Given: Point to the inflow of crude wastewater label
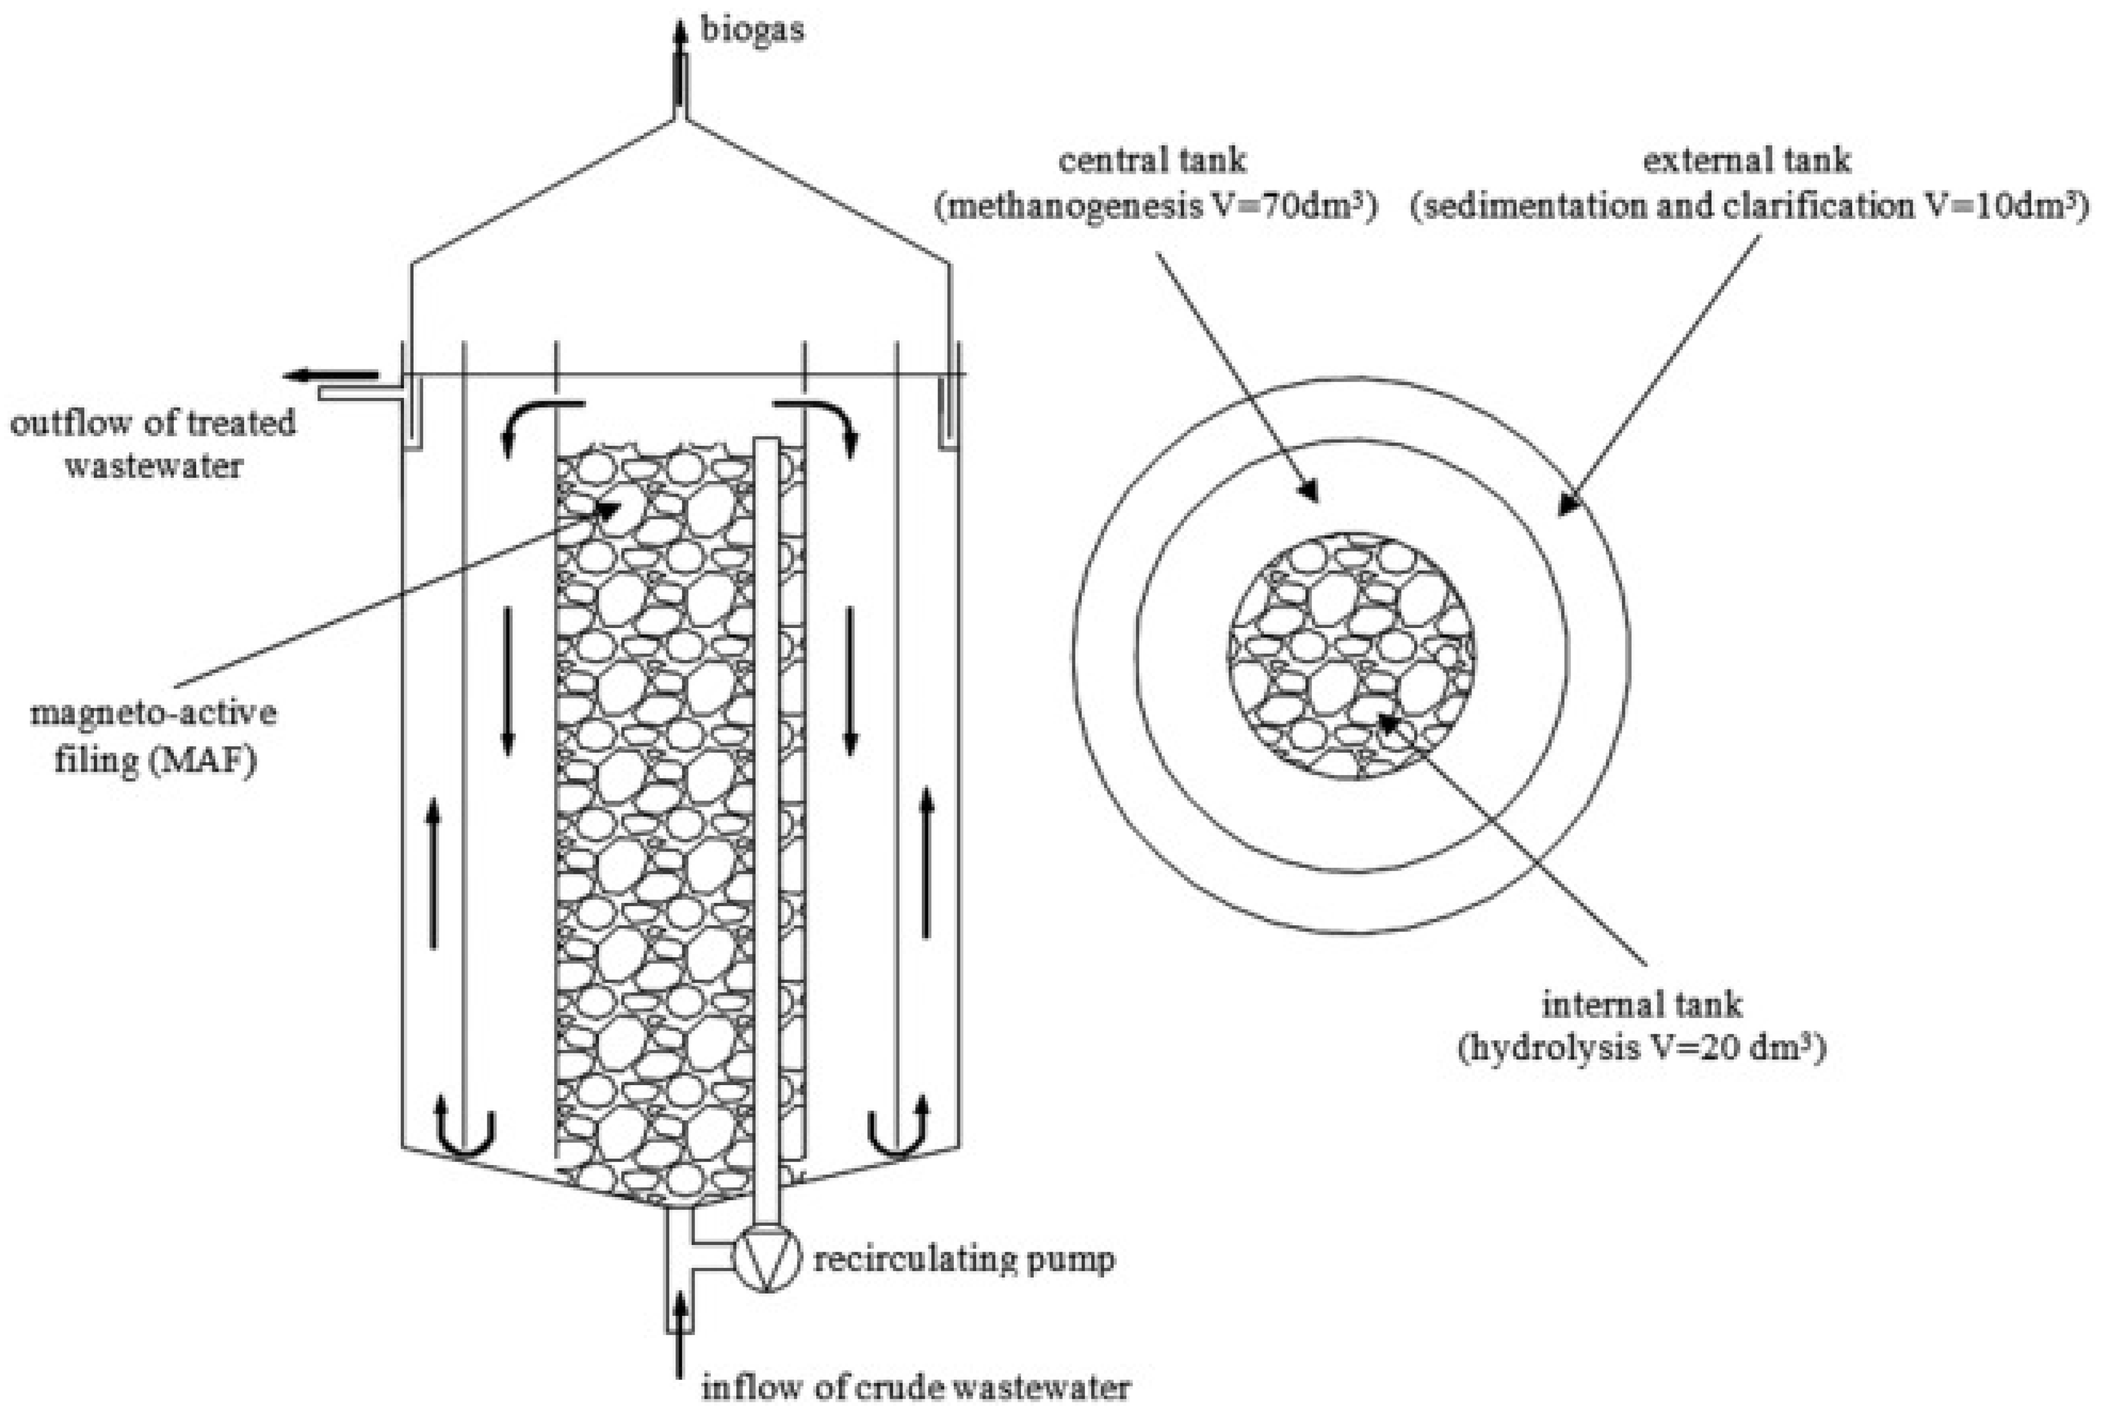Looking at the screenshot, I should [x=916, y=1387].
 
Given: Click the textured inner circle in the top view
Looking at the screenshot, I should [x=1351, y=655].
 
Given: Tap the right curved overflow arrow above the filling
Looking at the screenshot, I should [x=817, y=421].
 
